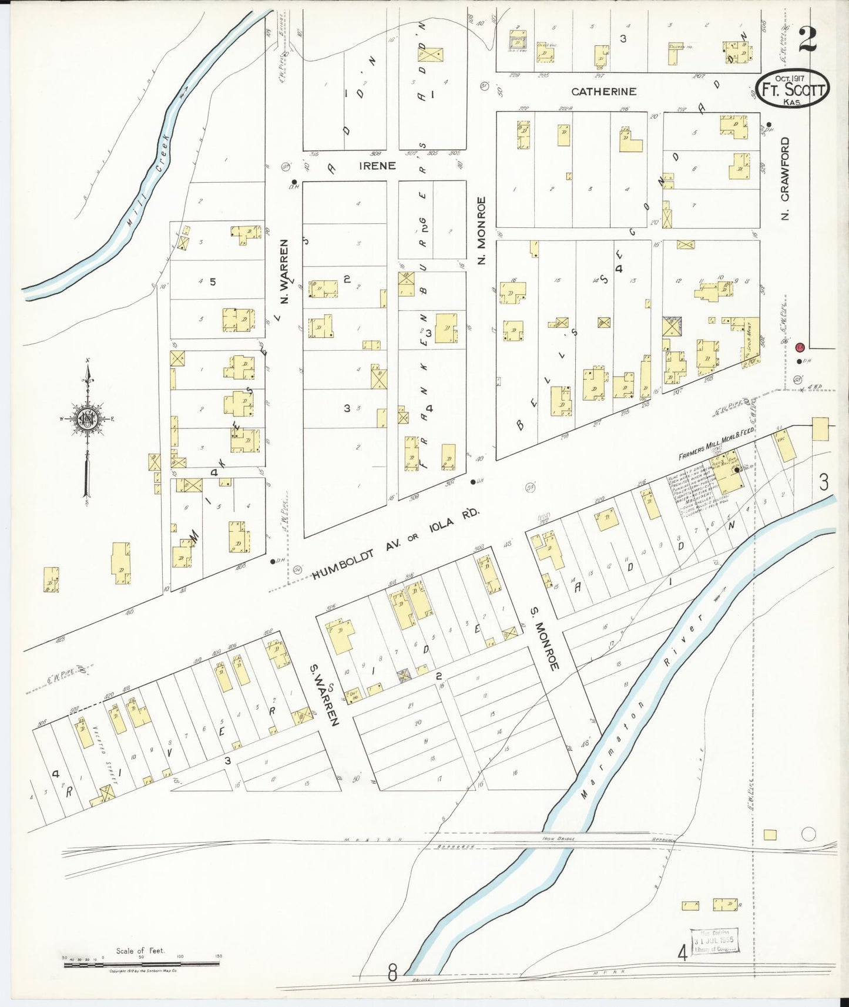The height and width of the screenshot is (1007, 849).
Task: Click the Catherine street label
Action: click(604, 92)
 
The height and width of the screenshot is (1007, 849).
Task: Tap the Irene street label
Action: click(377, 166)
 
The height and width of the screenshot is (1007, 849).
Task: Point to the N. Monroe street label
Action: click(482, 230)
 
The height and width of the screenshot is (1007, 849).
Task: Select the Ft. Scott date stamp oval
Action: click(793, 89)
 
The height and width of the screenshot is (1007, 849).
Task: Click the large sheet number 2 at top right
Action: click(807, 41)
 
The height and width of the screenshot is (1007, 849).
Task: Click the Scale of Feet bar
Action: click(141, 963)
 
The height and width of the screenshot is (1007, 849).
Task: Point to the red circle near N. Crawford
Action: click(799, 347)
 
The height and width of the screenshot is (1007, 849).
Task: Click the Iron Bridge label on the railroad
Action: click(559, 838)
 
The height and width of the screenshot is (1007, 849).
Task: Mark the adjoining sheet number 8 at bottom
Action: click(392, 974)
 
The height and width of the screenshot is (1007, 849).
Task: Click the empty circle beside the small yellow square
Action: click(808, 833)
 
